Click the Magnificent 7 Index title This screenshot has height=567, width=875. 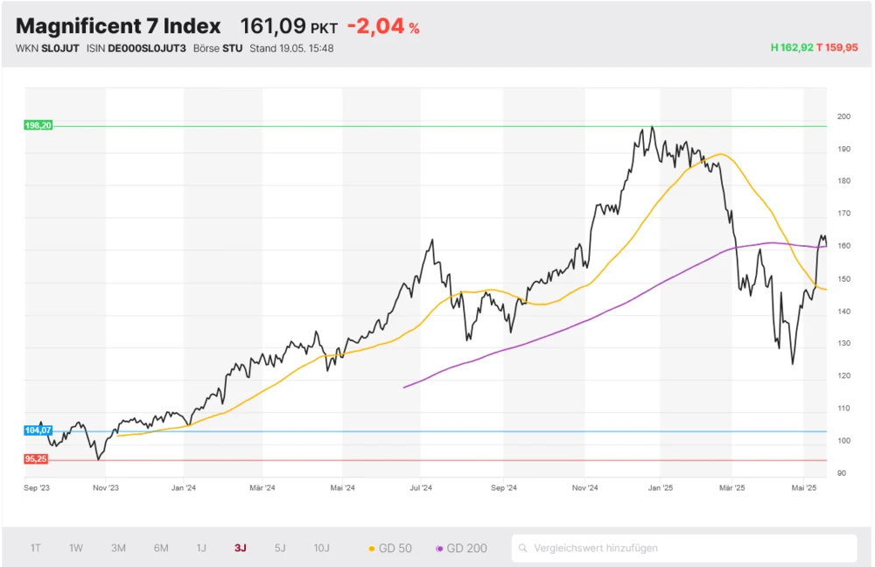coord(118,26)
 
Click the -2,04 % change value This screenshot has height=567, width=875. coord(383,26)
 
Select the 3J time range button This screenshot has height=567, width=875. coord(241,549)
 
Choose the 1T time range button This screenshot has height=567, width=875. coord(36,549)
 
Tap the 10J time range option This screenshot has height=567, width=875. coord(322,549)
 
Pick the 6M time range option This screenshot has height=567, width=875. coord(161,549)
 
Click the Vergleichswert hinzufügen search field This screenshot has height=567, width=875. coord(682,549)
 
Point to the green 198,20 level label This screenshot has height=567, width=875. coord(38,126)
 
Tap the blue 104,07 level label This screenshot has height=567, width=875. coord(38,430)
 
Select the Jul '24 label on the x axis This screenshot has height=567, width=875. coord(421,488)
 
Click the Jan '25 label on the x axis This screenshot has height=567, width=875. coord(661,488)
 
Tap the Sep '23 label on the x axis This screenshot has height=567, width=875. coord(36,488)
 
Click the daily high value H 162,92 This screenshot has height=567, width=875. coord(791,48)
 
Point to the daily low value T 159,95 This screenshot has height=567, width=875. coord(837,48)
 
